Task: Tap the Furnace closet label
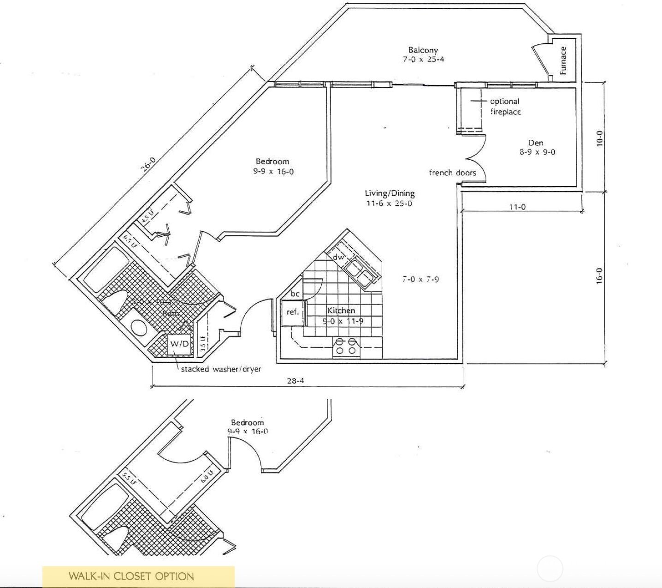point(563,60)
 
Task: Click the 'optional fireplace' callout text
point(505,107)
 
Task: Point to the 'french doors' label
point(452,173)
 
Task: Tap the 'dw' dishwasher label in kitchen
point(338,257)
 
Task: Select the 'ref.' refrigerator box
point(293,312)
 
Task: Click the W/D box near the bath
point(179,344)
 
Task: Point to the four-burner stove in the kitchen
point(346,346)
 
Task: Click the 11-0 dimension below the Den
point(517,207)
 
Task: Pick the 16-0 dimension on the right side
point(599,276)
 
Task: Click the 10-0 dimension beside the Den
point(599,138)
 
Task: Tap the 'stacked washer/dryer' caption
point(221,369)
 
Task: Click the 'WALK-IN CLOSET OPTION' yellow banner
point(138,576)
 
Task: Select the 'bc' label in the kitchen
point(295,294)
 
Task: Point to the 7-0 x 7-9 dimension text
point(420,279)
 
